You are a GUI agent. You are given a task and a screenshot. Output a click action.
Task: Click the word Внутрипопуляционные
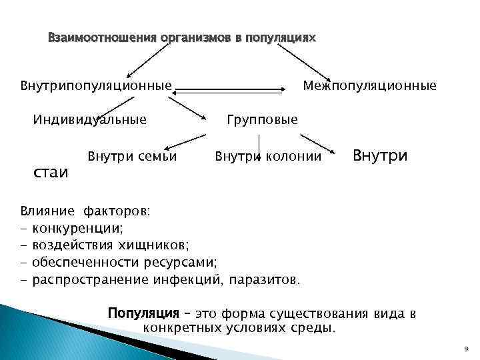click(96, 85)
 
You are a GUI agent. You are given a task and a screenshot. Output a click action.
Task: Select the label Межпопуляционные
click(370, 85)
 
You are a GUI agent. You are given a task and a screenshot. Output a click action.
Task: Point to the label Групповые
click(262, 120)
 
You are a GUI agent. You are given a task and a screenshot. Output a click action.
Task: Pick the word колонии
click(295, 157)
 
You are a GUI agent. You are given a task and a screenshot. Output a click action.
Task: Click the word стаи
click(51, 173)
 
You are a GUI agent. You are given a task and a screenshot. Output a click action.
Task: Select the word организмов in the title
click(194, 39)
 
